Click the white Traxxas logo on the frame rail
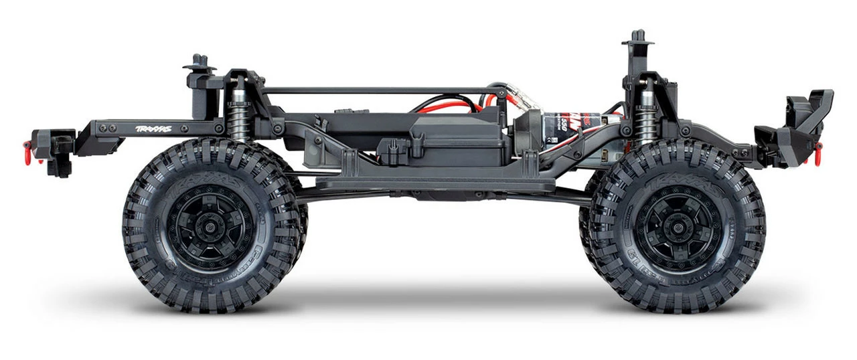(153, 128)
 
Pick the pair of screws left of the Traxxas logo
(106, 128)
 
